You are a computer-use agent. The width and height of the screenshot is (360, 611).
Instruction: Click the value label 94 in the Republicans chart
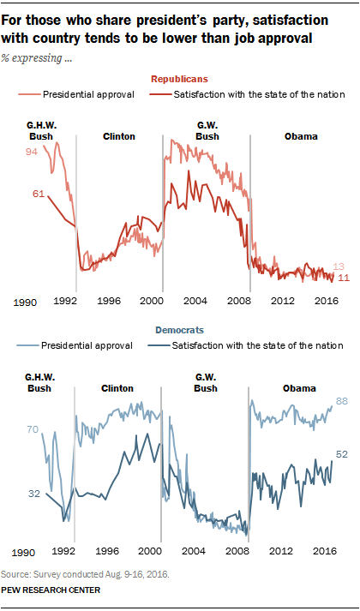tap(31, 153)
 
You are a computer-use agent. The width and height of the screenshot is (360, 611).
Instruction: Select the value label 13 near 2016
tap(339, 267)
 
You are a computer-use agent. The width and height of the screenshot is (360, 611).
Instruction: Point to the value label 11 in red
tap(343, 278)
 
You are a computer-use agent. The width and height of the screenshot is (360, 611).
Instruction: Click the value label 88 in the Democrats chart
tap(342, 401)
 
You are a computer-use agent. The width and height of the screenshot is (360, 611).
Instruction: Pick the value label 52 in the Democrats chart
tap(342, 454)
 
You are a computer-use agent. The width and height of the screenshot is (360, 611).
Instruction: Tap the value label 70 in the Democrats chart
tap(32, 430)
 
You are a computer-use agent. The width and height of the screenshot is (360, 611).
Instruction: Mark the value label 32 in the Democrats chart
tap(34, 494)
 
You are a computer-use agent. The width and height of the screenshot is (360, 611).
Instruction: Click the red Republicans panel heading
tap(180, 80)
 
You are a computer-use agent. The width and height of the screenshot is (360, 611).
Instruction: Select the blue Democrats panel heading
tap(179, 331)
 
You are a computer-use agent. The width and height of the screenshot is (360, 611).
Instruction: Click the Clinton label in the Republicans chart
tap(119, 136)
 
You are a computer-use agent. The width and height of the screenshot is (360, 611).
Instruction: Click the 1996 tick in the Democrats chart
tap(108, 552)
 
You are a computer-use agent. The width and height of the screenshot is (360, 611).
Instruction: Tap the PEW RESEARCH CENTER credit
tap(51, 590)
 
